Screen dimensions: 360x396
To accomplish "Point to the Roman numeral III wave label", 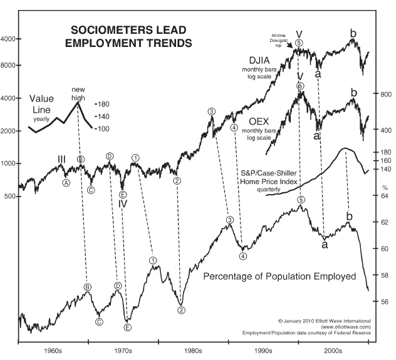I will point(61,160).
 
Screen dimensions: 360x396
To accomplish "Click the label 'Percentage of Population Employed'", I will point(280,276).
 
